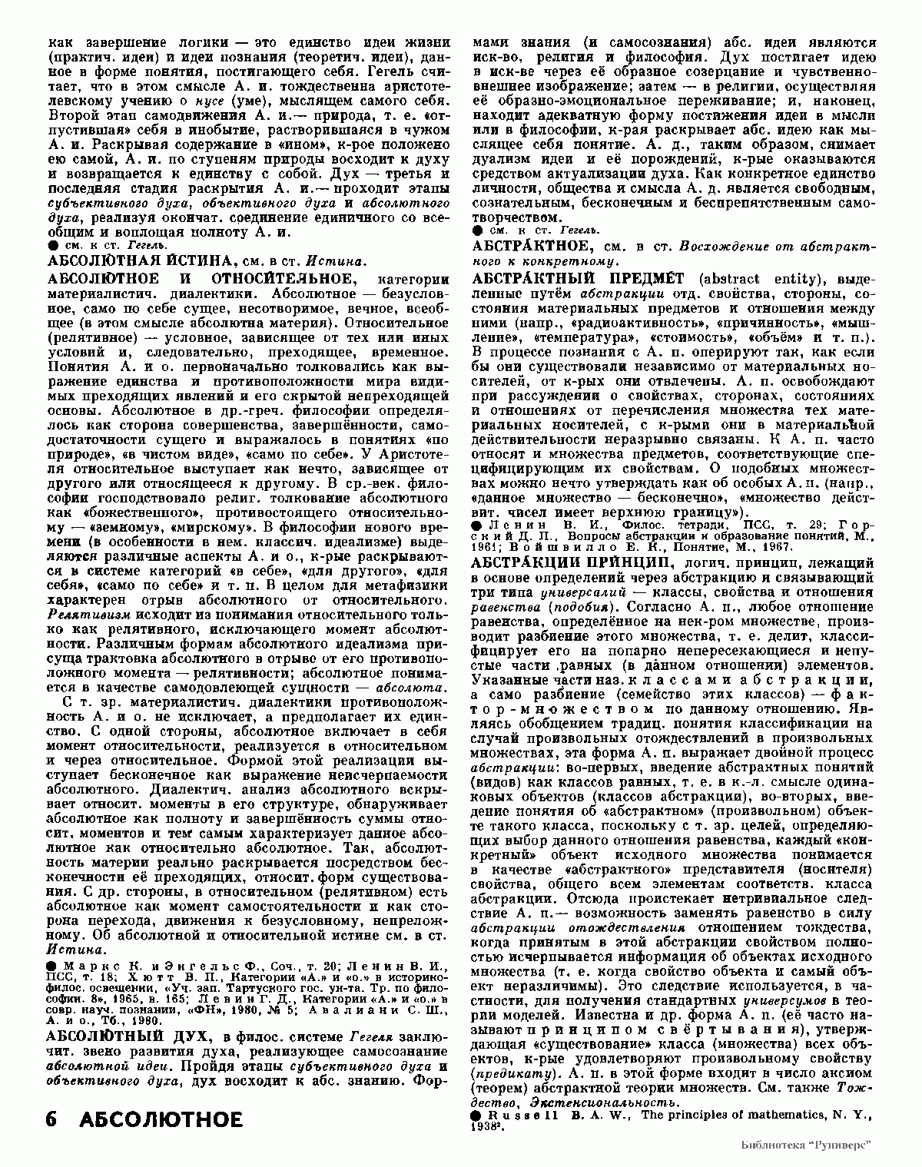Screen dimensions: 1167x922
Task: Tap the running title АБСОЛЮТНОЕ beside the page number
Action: [161, 1119]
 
